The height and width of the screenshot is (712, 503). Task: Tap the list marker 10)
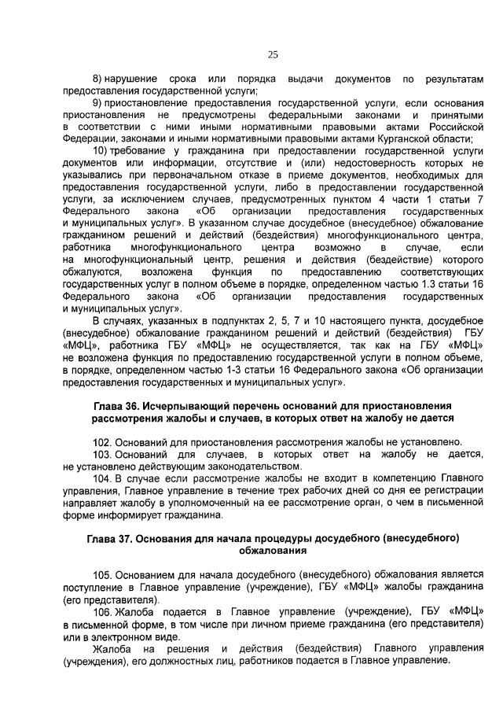pyautogui.click(x=101, y=151)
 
